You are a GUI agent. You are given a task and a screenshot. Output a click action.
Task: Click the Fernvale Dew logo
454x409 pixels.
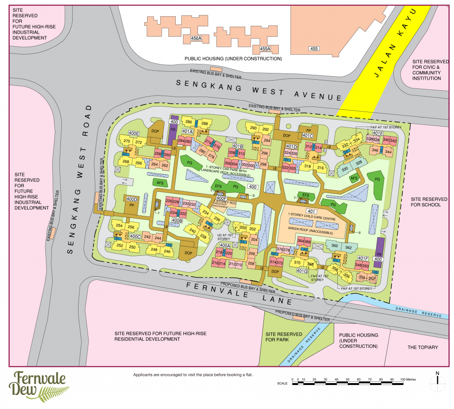(39, 385)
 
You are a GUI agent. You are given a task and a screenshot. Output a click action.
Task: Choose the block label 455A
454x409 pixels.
(265, 48)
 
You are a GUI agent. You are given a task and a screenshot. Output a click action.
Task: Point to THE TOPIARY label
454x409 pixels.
(423, 347)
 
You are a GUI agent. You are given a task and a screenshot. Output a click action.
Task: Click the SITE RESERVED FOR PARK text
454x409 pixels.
(284, 337)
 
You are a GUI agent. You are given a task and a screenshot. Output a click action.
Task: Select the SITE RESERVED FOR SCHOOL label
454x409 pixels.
(425, 202)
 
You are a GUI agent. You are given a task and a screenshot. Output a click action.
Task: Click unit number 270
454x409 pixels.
(127, 141)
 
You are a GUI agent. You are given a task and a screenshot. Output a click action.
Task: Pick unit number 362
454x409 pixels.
(348, 248)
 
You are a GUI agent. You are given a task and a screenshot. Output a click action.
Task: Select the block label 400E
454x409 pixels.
(133, 133)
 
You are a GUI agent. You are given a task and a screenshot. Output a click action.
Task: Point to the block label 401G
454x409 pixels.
(302, 271)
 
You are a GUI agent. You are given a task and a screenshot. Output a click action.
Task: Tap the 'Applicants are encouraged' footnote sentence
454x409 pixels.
(192, 375)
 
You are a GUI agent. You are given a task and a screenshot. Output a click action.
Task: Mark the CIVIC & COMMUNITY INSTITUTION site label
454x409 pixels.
(426, 70)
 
